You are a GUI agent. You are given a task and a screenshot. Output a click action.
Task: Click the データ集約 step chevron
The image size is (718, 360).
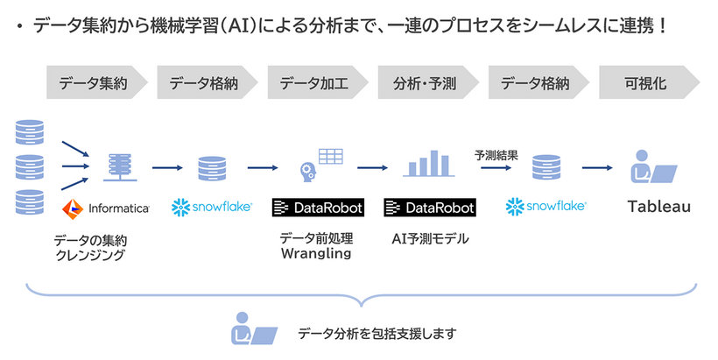[95, 84]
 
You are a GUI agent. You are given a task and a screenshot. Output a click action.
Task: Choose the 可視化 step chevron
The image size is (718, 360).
[646, 84]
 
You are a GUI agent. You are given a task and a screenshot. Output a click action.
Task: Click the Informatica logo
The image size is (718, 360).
[106, 208]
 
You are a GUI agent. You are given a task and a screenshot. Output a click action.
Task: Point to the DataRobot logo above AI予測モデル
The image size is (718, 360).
[429, 208]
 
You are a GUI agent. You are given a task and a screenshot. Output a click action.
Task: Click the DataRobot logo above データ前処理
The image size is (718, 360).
[317, 208]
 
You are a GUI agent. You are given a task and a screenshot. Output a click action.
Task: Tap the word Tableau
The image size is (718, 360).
[659, 208]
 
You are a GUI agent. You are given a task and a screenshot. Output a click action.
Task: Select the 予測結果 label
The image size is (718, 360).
[496, 155]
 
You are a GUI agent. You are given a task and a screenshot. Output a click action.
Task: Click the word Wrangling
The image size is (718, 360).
[315, 254]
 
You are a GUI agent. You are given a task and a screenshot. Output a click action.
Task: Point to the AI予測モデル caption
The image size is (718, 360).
[429, 237]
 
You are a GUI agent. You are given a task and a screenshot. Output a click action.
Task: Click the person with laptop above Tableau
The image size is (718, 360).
[652, 166]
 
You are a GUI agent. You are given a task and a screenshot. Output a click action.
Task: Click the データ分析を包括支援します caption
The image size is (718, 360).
[377, 334]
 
